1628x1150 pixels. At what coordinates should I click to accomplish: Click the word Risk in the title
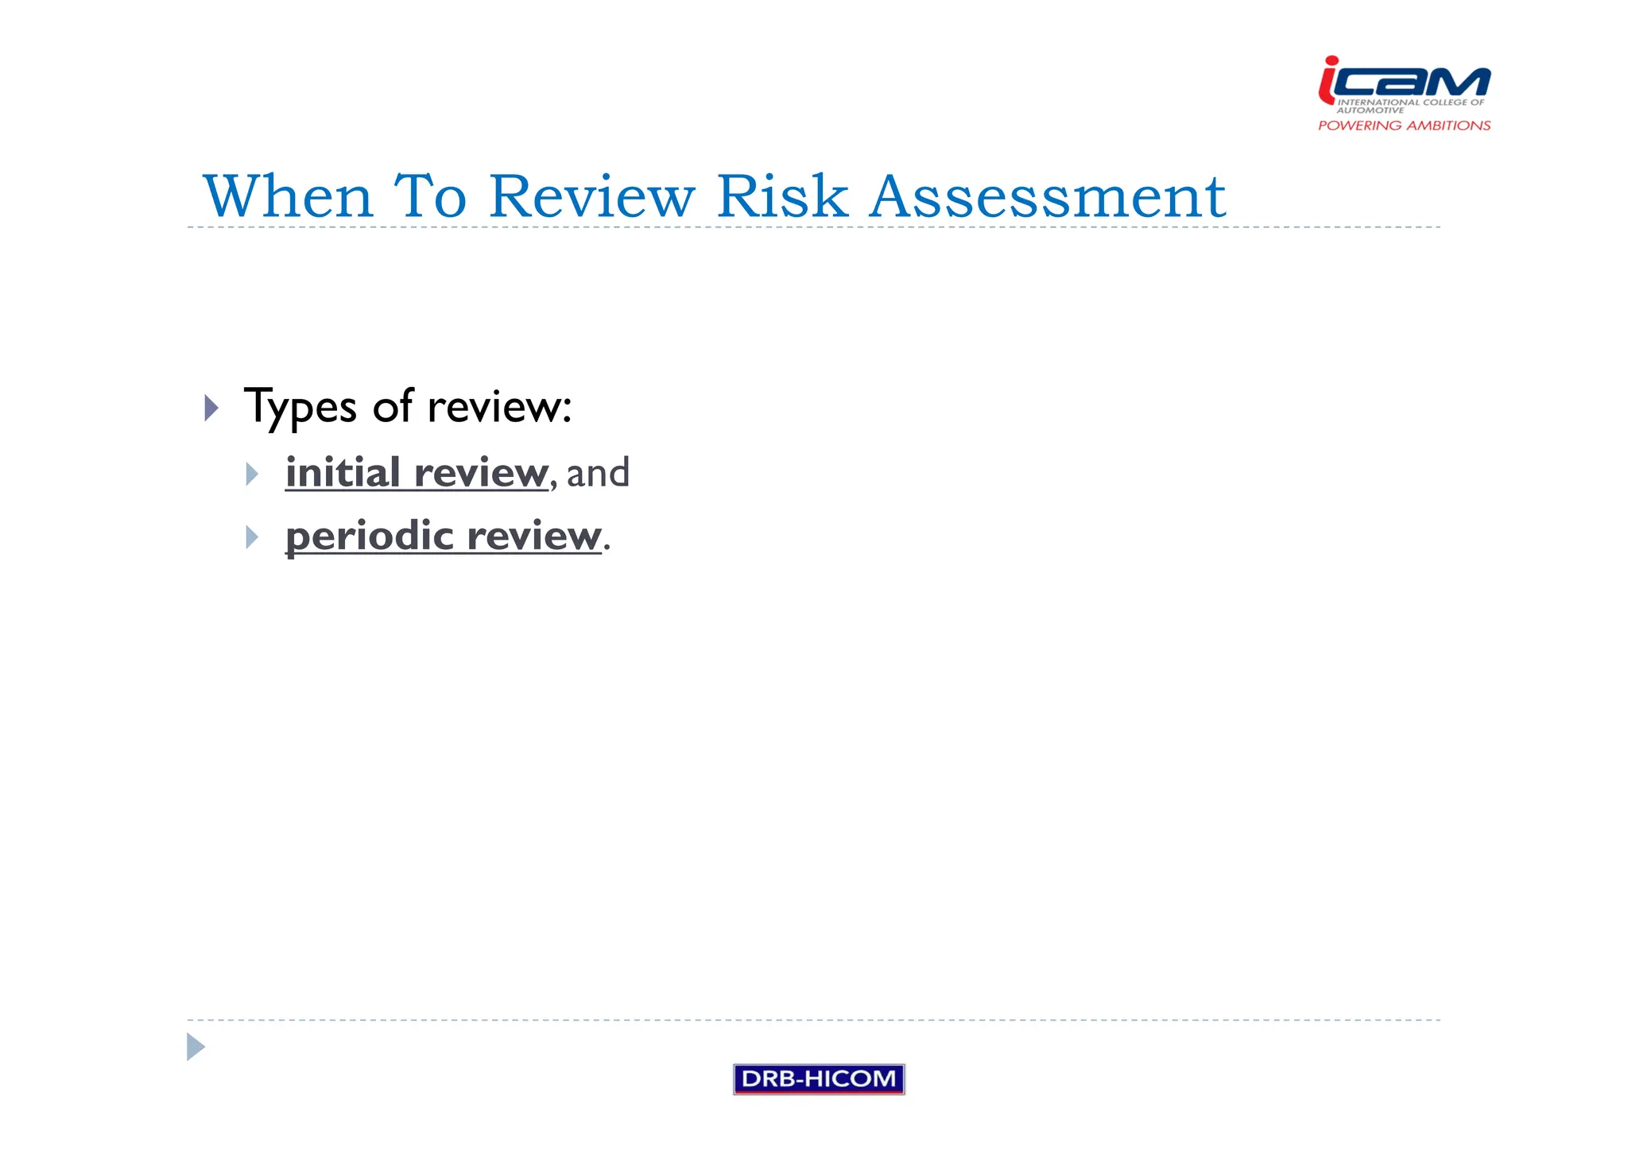coord(782,196)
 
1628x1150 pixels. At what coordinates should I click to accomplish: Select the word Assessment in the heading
coord(1047,196)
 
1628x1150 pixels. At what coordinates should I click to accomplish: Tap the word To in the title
coord(430,196)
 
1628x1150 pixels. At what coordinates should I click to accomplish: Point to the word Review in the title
coord(591,196)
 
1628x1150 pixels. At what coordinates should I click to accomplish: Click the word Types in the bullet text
coord(300,408)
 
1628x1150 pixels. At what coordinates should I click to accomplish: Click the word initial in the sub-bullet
coord(343,473)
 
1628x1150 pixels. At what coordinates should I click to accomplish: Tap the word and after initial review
coord(598,473)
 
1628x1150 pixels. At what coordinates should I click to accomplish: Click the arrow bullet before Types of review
coord(211,408)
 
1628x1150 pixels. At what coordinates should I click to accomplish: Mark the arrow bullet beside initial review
coord(252,474)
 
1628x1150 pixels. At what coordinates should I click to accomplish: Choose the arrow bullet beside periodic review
coord(252,537)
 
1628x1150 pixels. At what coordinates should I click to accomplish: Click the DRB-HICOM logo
coord(819,1078)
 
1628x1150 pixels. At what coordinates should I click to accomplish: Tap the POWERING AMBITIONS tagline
coord(1404,126)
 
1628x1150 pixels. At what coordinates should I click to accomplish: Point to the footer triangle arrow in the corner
coord(196,1047)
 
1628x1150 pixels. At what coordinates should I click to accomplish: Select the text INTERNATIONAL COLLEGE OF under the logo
coord(1410,103)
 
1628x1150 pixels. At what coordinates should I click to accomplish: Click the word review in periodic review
coord(533,536)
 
